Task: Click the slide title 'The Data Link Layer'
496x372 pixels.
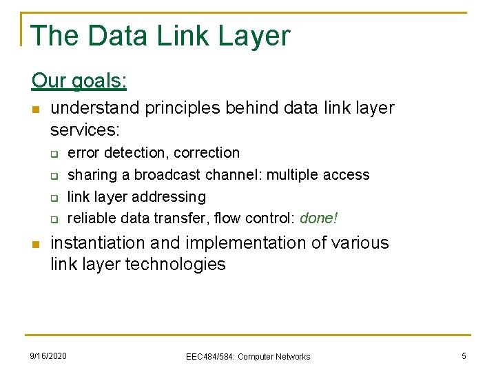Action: coord(161,35)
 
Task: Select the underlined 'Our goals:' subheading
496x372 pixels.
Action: coord(79,81)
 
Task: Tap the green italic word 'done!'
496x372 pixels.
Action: coord(320,218)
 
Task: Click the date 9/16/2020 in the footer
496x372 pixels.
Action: coord(48,355)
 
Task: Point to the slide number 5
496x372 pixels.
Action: coord(464,355)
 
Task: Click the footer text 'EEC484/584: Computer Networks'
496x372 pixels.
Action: coord(248,356)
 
